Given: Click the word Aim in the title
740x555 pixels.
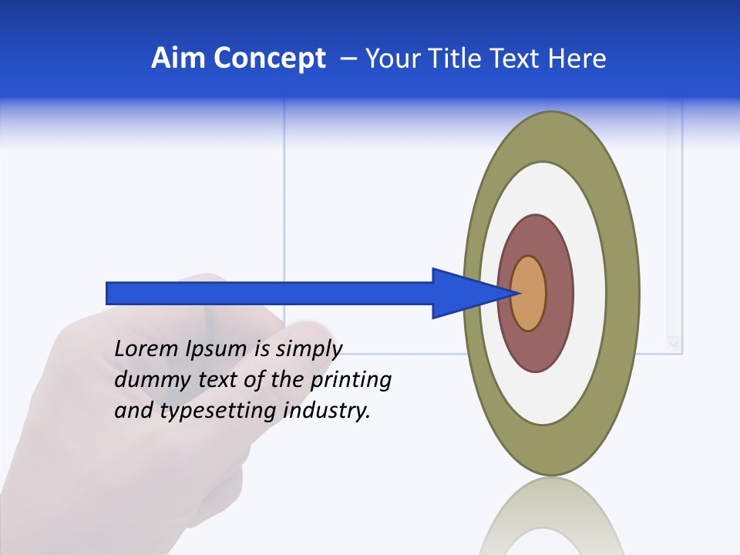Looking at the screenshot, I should (180, 59).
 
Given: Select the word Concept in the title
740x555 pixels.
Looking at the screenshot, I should (270, 59).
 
